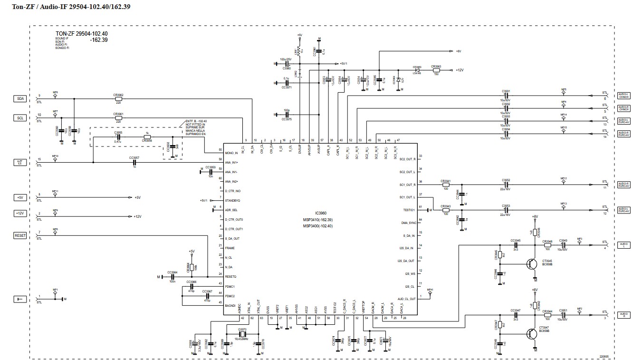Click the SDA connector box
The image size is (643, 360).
point(19,98)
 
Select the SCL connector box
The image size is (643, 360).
point(19,118)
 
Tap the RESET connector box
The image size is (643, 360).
point(20,235)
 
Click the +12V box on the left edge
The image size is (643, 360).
point(19,214)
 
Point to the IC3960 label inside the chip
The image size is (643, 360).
point(321,213)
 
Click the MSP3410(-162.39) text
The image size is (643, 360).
point(318,220)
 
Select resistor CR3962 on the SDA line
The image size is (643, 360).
point(118,99)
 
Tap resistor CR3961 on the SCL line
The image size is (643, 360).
point(118,118)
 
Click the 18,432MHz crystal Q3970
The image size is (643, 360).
point(242,333)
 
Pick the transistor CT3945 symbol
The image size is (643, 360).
point(533,264)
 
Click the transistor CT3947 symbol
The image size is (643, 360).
point(533,334)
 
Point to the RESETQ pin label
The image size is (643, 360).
point(230,277)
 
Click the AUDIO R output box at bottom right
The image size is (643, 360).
point(624,315)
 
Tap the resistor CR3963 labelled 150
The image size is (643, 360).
point(436,70)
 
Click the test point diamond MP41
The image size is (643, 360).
point(430,293)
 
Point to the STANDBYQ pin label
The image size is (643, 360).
point(232,200)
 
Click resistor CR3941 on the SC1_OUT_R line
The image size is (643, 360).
point(445,185)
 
